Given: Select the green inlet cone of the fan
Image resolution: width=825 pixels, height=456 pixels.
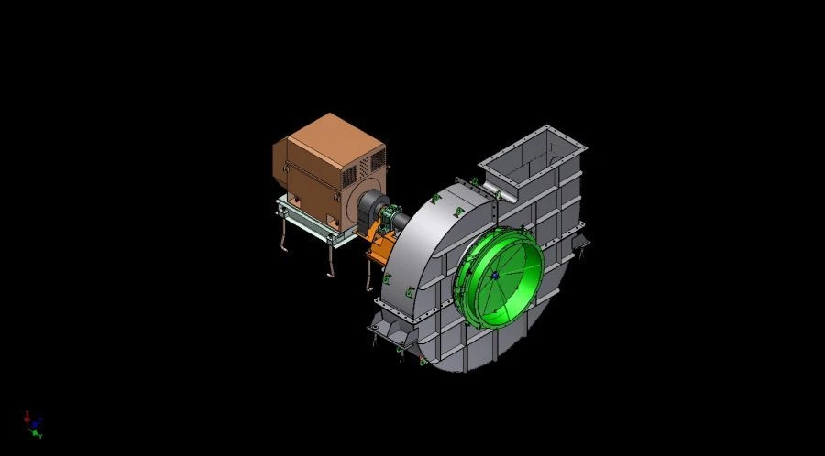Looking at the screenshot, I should coord(500,275).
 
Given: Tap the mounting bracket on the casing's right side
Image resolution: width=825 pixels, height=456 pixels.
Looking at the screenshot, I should coord(578,243).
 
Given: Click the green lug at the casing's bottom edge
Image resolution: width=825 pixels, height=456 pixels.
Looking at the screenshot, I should coord(423,361).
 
